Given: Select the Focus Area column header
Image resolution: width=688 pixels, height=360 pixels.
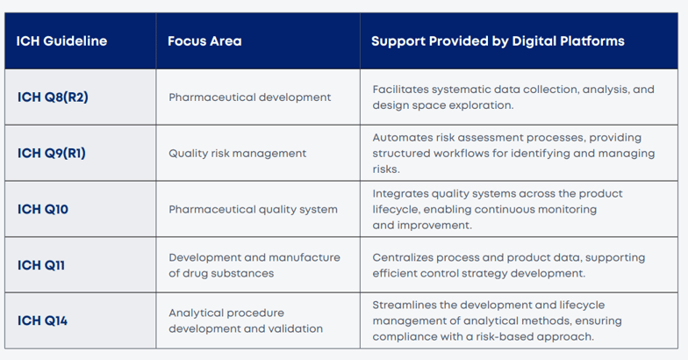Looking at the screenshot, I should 204,41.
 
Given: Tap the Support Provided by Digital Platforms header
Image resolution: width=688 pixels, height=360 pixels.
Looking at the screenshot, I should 498,41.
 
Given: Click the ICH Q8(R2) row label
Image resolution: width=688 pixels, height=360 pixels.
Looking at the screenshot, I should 53,97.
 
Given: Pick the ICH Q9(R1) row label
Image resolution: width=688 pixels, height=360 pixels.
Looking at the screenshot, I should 52,153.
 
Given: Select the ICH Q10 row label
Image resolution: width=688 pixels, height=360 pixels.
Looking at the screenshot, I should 42,209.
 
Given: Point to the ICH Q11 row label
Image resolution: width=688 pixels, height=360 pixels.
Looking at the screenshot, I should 41,265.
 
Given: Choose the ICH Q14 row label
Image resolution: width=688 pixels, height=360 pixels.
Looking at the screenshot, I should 42,320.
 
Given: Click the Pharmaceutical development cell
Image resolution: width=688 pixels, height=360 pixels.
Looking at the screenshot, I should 250,97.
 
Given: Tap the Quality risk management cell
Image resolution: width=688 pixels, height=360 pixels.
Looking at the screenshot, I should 238,153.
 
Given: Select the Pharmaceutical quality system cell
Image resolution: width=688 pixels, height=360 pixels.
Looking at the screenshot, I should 252,209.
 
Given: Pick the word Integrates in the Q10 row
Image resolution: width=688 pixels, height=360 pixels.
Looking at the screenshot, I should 400,193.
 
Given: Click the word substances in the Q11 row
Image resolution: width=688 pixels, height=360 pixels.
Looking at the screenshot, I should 245,273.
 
